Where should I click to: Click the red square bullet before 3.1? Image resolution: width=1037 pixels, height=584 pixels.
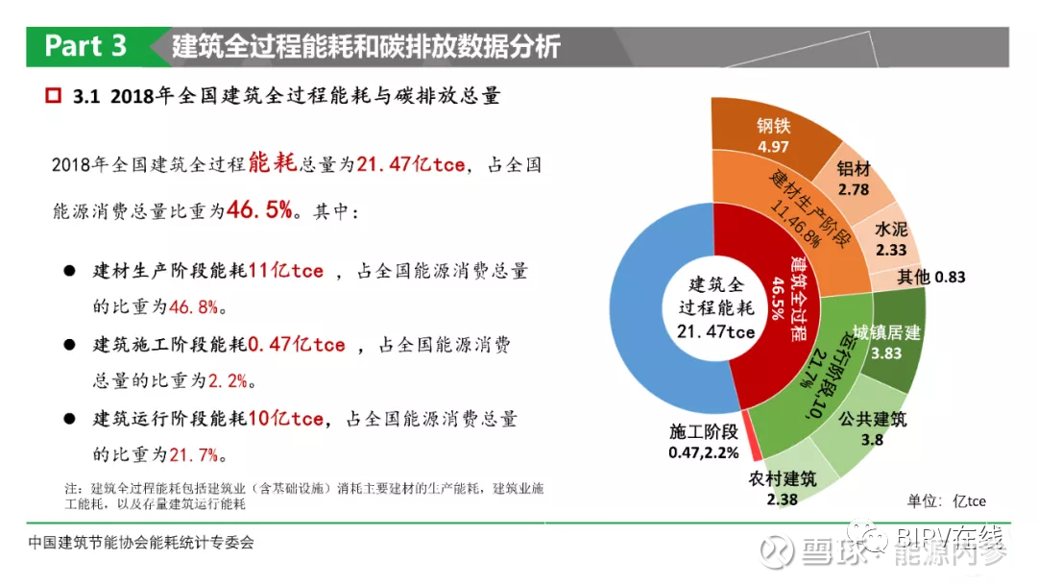54,96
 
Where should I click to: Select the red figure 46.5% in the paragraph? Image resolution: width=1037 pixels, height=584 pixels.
259,210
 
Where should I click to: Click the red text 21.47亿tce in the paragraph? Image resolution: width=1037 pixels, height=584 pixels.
411,164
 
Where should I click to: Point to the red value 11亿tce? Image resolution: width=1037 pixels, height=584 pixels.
286,271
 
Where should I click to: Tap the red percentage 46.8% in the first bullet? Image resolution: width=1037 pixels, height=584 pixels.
194,306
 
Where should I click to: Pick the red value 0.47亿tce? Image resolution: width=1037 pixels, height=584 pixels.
297,345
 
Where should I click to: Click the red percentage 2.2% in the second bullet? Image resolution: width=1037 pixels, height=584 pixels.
228,381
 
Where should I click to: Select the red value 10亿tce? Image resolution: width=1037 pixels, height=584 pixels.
286,419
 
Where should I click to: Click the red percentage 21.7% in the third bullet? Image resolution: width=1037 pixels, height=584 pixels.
194,455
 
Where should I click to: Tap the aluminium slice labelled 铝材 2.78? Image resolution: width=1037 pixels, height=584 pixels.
854,180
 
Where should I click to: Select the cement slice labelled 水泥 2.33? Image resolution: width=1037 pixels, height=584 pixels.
889,239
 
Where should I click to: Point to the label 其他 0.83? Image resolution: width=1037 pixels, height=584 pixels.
931,277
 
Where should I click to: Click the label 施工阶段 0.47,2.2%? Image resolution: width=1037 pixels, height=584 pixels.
704,442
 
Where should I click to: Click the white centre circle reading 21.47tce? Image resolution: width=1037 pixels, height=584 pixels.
715,308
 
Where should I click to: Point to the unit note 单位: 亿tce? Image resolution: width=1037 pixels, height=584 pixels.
947,501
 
